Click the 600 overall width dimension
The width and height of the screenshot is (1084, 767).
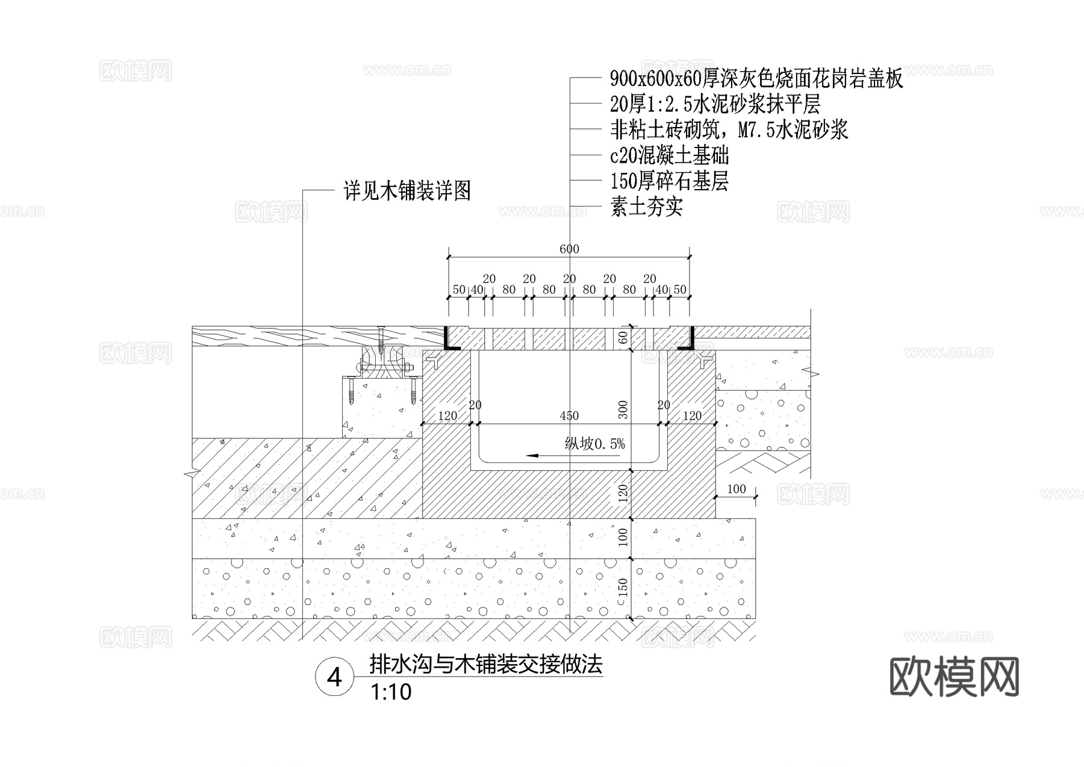[x=569, y=249]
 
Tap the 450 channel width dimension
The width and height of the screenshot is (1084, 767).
[x=569, y=415]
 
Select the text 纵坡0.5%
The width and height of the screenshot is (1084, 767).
[x=595, y=444]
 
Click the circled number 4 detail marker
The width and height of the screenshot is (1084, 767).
[x=334, y=678]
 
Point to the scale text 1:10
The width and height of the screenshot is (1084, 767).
[x=391, y=692]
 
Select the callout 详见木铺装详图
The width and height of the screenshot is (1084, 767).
[x=407, y=191]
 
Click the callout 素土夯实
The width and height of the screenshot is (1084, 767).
[x=646, y=208]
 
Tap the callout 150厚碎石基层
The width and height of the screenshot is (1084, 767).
[x=669, y=181]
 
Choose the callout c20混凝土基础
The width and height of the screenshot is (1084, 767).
[x=669, y=155]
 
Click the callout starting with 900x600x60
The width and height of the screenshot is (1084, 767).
[x=756, y=79]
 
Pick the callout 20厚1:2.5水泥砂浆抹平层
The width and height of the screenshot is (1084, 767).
[x=715, y=104]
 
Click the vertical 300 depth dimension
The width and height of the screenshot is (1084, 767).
[x=623, y=409]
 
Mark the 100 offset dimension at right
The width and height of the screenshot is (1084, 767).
[x=736, y=489]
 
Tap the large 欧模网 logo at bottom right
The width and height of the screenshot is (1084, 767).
[x=954, y=677]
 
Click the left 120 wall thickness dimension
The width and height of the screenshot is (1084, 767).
[x=447, y=415]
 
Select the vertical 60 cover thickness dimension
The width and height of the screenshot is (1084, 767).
[x=623, y=338]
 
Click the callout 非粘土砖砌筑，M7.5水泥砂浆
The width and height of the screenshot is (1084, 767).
[x=729, y=130]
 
